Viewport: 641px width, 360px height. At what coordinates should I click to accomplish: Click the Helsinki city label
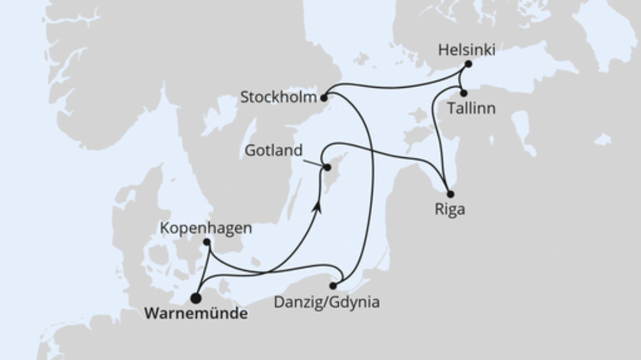point(466,50)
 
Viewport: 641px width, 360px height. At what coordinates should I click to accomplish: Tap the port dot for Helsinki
point(468,64)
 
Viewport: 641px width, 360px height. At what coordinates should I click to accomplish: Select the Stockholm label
point(278,97)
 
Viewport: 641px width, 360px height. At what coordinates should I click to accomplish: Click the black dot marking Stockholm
point(323,98)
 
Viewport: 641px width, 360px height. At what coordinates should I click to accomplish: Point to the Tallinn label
point(472,109)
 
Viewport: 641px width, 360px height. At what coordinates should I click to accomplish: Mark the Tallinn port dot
point(464,93)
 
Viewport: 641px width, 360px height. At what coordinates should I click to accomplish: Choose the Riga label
point(449,209)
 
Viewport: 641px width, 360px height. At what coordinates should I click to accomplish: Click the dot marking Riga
point(450,193)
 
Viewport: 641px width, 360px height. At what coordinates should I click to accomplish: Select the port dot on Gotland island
point(327,168)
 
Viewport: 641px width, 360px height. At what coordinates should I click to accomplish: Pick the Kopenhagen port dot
point(207,243)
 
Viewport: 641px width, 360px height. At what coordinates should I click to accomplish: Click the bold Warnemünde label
point(196,314)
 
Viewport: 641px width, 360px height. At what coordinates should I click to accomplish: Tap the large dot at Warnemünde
point(196,298)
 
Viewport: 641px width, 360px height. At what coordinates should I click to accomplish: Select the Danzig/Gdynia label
point(326,302)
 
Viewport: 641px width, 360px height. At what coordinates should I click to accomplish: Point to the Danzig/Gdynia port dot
point(333,285)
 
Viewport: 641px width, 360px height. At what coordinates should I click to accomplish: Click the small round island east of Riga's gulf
point(602,140)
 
